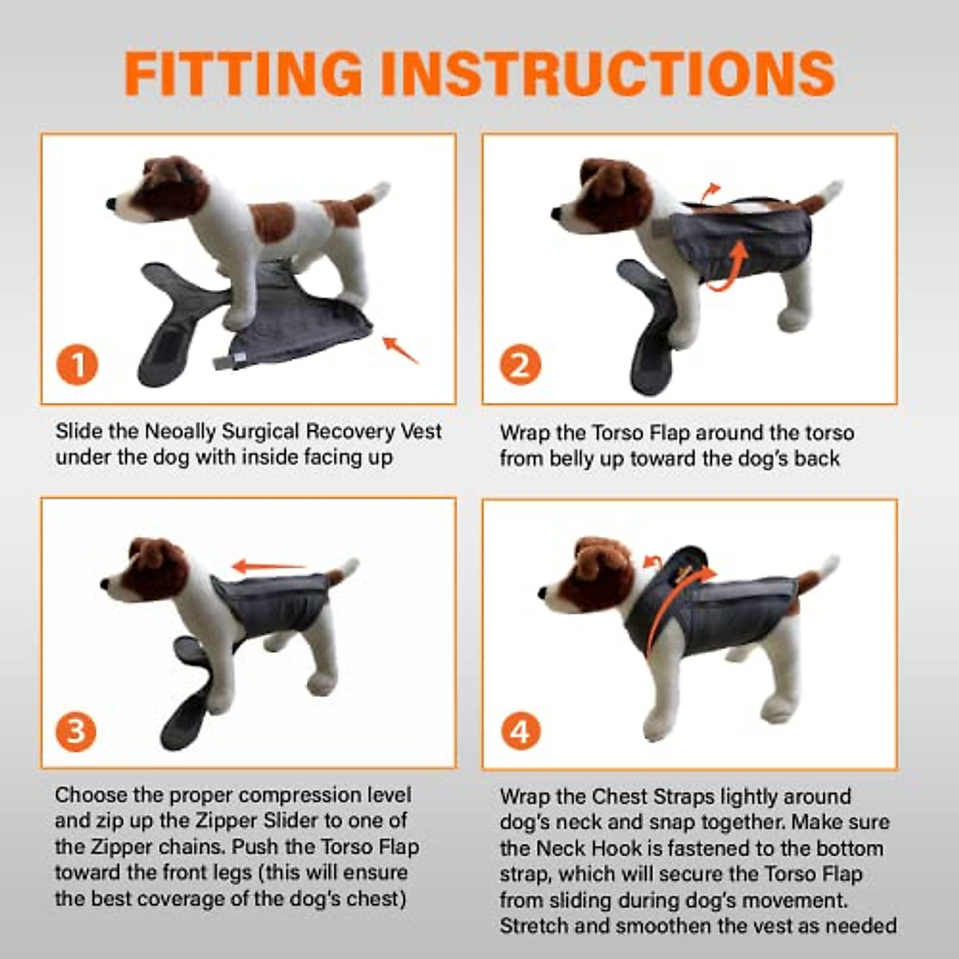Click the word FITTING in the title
click(x=244, y=74)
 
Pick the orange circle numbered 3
click(x=76, y=731)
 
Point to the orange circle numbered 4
click(x=521, y=731)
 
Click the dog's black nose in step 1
click(x=111, y=204)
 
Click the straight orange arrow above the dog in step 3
click(x=269, y=565)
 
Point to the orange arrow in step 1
click(x=400, y=350)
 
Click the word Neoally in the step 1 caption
click(x=180, y=432)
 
